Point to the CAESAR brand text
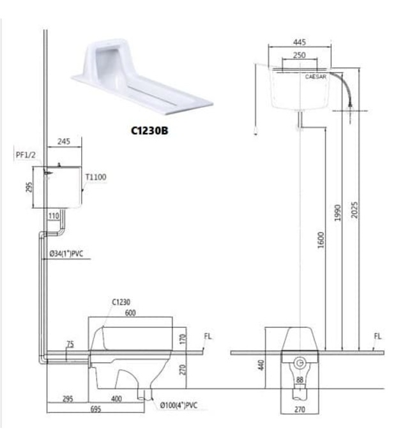(x=316, y=76)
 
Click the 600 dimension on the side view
(x=130, y=313)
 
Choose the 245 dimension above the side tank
(x=63, y=142)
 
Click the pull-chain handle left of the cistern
(x=255, y=132)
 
